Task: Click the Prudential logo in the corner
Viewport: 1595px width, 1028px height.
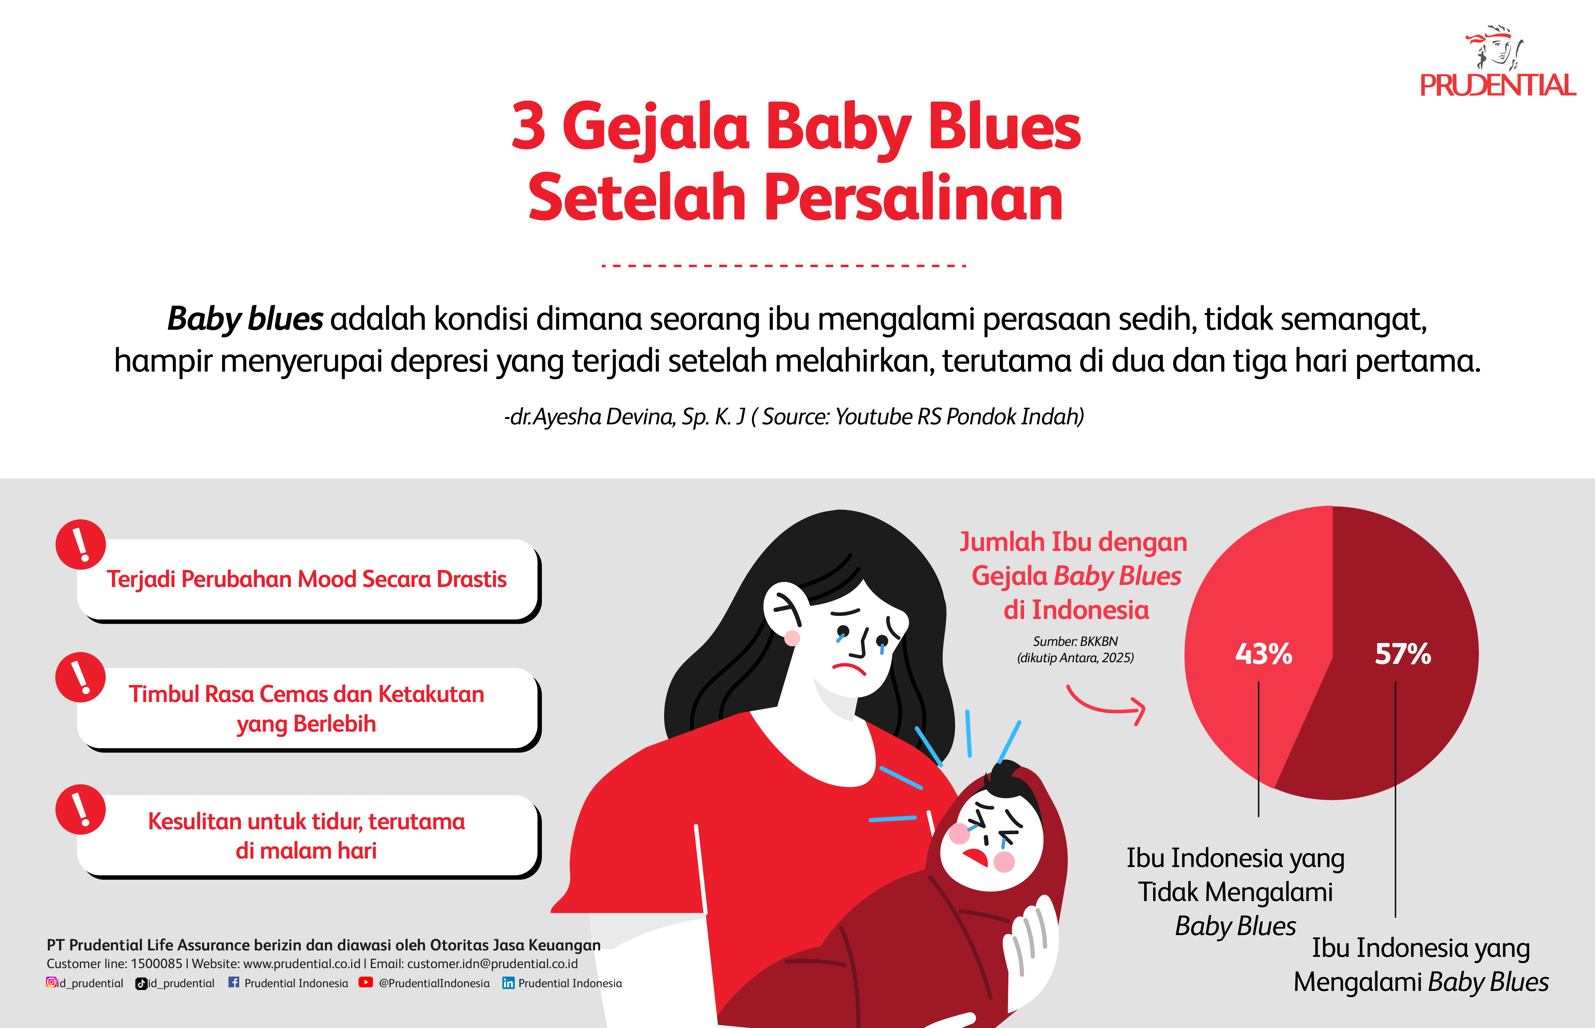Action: point(1497,63)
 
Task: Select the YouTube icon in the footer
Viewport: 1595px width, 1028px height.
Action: point(366,982)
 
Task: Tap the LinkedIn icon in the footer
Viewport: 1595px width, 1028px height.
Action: point(508,983)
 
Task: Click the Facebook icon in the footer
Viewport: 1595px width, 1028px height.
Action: point(234,982)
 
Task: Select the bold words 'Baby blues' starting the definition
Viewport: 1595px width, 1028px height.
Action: point(245,319)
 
